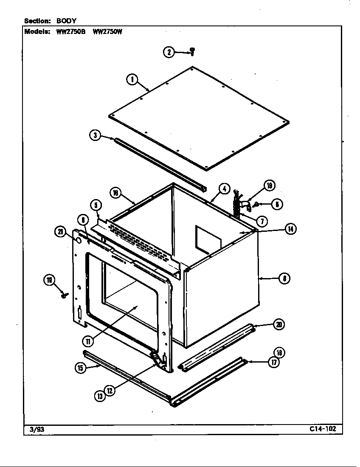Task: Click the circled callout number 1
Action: (x=132, y=79)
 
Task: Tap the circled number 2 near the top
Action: (x=169, y=52)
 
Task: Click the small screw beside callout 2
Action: (x=192, y=51)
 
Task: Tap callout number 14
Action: (x=290, y=229)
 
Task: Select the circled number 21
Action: (x=60, y=231)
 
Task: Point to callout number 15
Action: (x=80, y=368)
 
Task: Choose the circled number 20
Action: (x=278, y=325)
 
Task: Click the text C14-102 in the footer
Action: (x=323, y=429)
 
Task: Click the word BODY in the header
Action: (x=66, y=20)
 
